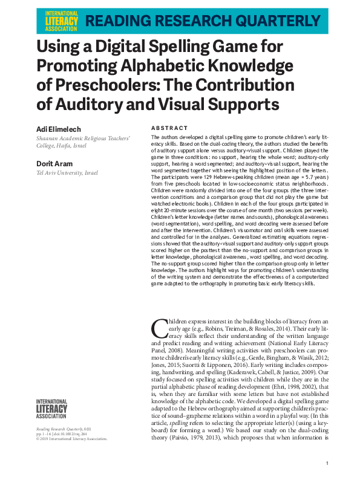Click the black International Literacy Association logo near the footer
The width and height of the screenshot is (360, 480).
(x=52, y=409)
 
